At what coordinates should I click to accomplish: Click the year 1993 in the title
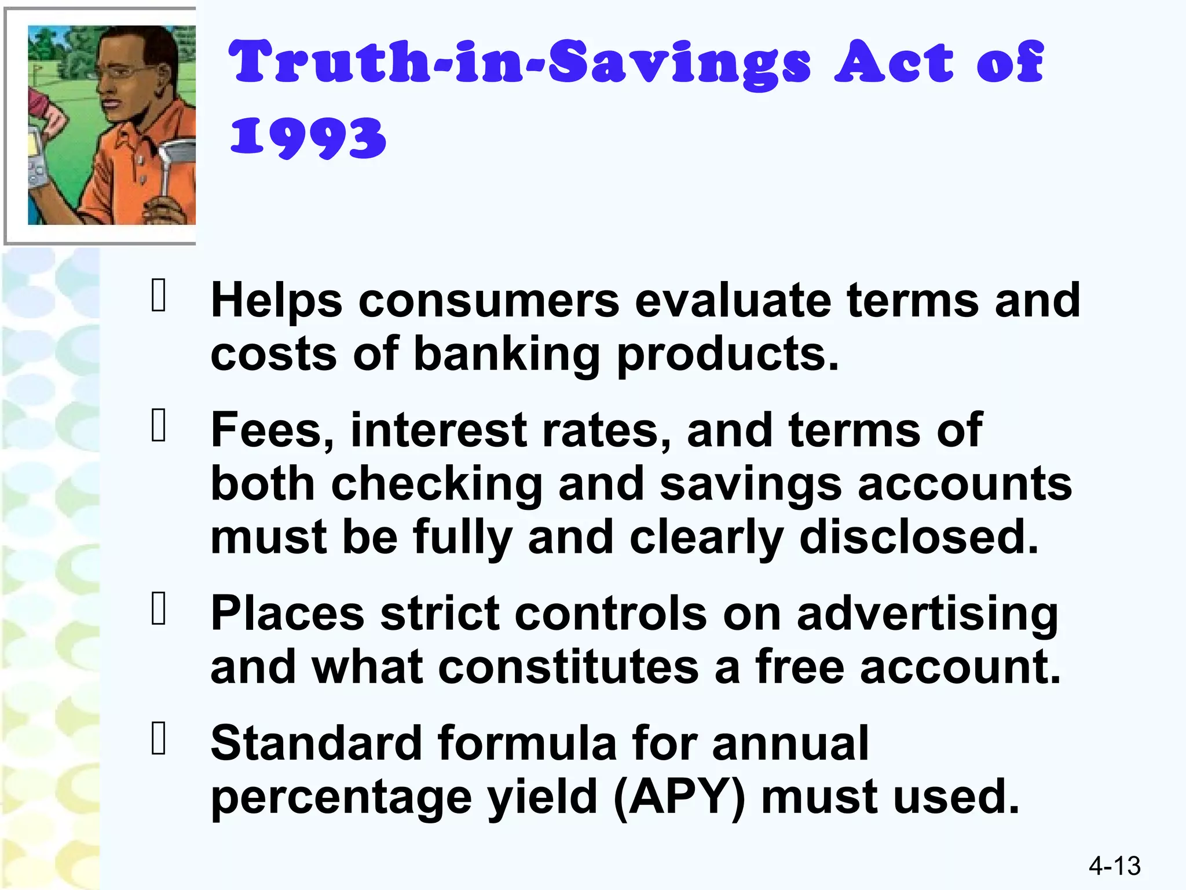[x=308, y=137]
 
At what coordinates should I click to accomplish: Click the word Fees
[x=272, y=430]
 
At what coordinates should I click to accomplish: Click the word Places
[x=287, y=614]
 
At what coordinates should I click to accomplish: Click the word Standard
[x=316, y=743]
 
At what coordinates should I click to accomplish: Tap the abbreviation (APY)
[x=679, y=798]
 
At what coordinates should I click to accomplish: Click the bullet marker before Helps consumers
[x=158, y=296]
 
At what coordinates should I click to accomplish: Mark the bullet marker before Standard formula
[x=158, y=738]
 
